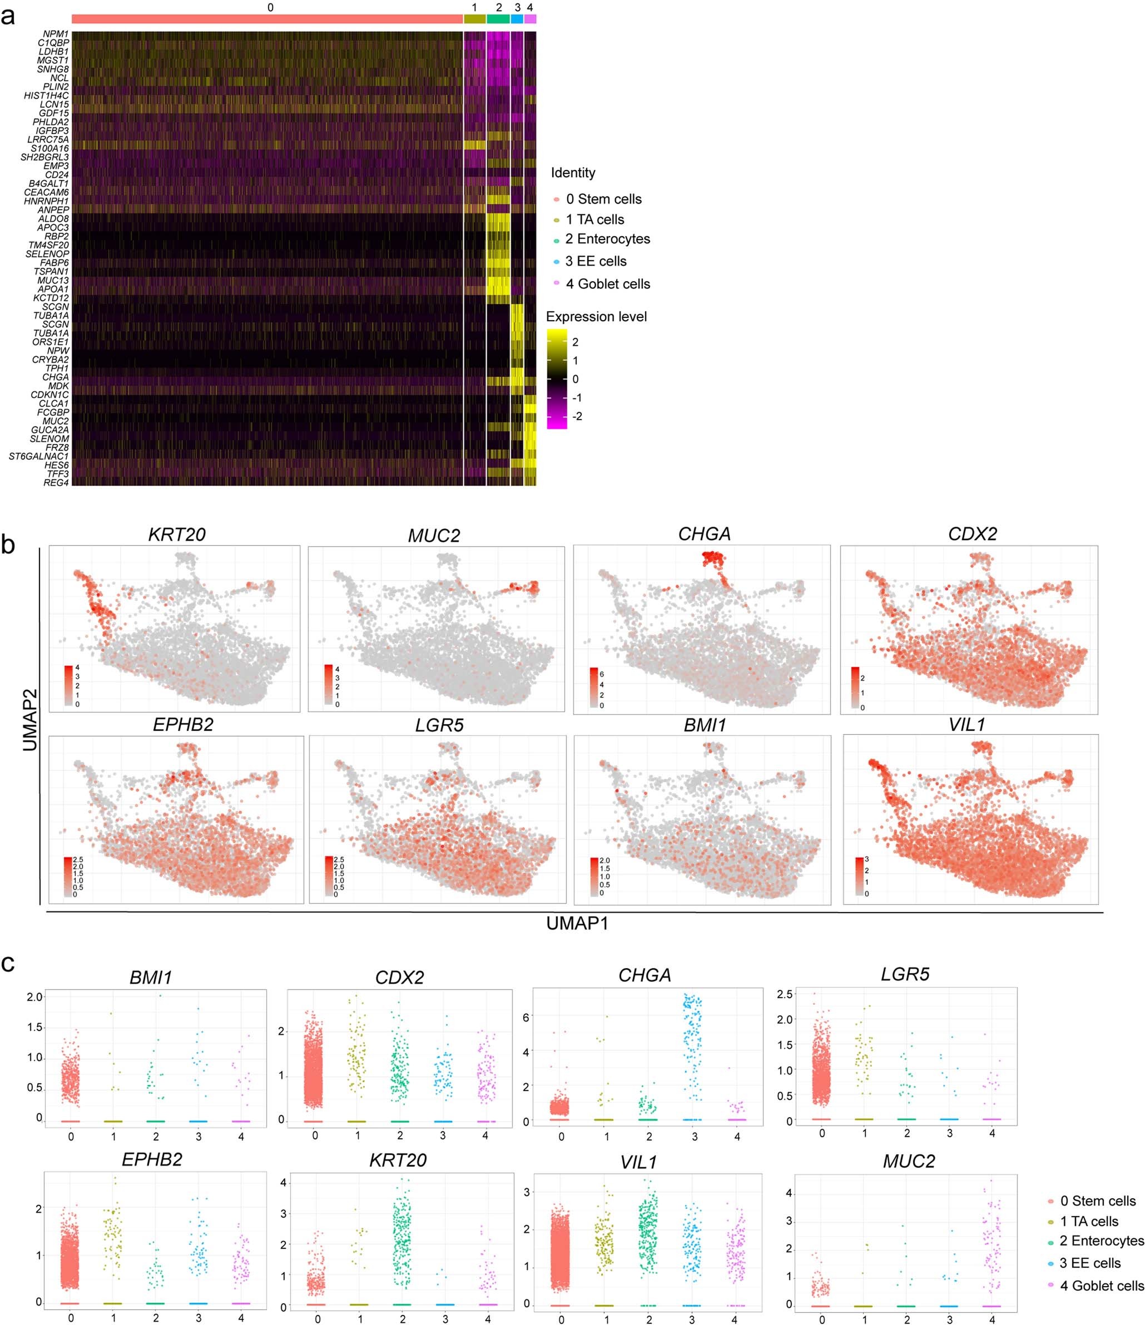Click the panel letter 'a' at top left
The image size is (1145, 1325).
(x=8, y=17)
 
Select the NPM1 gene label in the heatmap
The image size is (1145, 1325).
(x=56, y=34)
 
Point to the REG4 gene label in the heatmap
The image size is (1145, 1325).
(x=56, y=482)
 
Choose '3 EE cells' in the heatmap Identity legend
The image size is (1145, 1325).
(x=596, y=261)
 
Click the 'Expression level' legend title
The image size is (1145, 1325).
(x=596, y=317)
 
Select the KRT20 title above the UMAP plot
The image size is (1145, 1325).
(x=176, y=535)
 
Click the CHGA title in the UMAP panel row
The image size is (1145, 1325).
(x=704, y=534)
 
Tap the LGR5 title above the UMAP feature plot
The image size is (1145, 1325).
(x=439, y=725)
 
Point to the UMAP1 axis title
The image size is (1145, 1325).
(x=577, y=923)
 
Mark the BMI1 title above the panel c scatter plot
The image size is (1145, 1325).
(x=151, y=977)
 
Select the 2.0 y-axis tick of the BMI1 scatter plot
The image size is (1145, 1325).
(x=34, y=997)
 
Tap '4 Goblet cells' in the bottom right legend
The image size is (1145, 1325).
(x=1102, y=1286)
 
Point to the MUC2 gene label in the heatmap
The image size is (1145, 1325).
(x=56, y=421)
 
